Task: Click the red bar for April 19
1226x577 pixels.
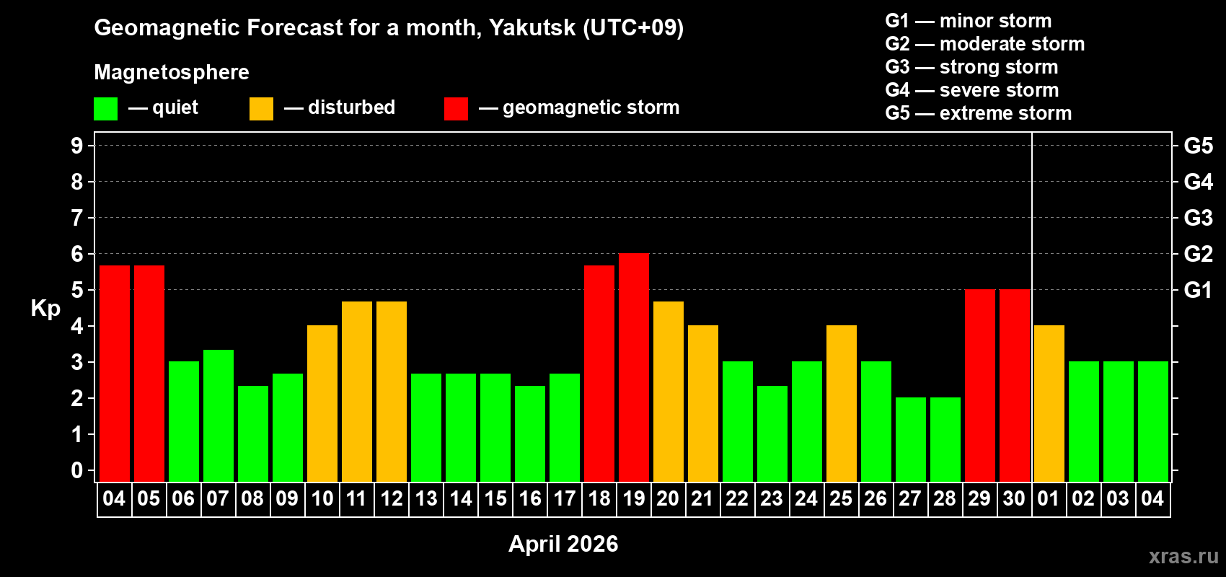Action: (x=634, y=367)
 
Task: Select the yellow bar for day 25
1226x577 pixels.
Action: (x=842, y=403)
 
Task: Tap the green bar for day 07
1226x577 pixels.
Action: (x=219, y=415)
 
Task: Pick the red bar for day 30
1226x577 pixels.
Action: (x=1015, y=385)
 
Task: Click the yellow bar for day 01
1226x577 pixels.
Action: (x=1049, y=403)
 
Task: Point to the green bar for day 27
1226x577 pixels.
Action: (x=911, y=439)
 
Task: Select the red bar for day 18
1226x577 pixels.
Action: (x=599, y=373)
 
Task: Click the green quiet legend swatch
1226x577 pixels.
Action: (x=106, y=109)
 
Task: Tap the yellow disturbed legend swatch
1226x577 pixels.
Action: (x=261, y=109)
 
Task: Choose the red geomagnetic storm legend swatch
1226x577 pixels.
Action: (x=456, y=109)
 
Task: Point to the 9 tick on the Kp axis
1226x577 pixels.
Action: (x=77, y=146)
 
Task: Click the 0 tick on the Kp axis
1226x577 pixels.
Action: (x=77, y=471)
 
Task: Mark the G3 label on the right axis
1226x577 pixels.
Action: (x=1198, y=218)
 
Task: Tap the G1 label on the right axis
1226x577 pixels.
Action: (x=1198, y=290)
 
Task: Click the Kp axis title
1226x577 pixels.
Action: (x=45, y=309)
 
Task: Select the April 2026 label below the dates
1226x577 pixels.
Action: (x=563, y=544)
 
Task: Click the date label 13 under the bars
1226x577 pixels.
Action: (x=426, y=499)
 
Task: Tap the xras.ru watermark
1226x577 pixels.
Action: (x=1183, y=556)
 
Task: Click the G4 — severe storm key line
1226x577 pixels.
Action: (x=972, y=90)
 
